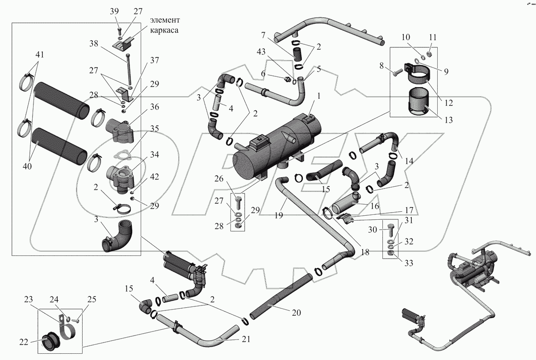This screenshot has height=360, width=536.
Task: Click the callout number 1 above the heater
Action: tap(319, 96)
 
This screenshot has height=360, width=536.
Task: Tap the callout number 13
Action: tap(448, 120)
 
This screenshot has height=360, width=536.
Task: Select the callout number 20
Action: tap(296, 312)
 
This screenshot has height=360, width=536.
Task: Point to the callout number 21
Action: tap(246, 339)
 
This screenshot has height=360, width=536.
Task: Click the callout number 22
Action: tap(24, 342)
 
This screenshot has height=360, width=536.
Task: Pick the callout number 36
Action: tap(155, 107)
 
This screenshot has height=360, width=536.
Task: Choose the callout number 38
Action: tap(94, 43)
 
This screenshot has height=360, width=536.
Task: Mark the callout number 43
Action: tap(261, 51)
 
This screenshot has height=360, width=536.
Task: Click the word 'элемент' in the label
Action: tap(165, 20)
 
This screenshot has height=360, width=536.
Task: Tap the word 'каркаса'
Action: tap(164, 30)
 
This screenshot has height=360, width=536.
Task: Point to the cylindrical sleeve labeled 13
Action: tap(419, 102)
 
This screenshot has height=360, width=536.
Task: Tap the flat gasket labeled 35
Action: tap(121, 155)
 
